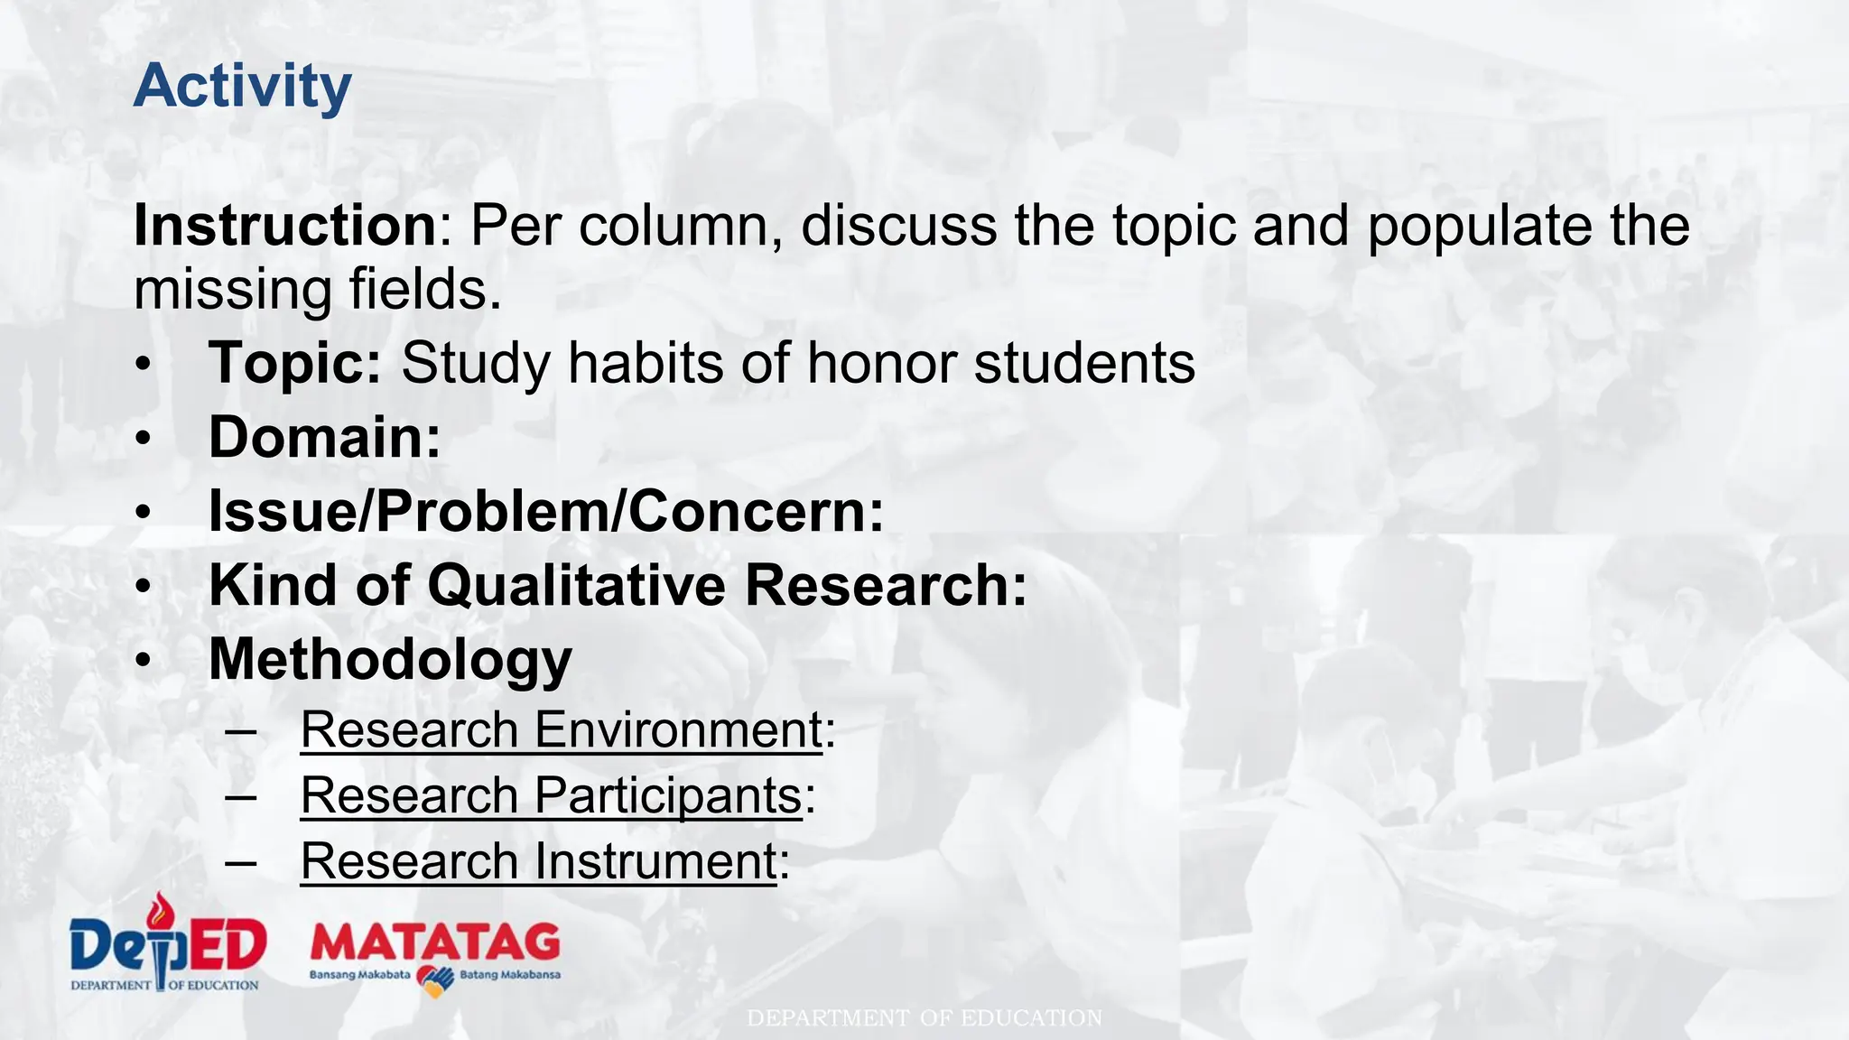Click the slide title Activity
click(242, 87)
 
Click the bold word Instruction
click(285, 225)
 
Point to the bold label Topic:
click(295, 363)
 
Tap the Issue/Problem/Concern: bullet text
click(546, 511)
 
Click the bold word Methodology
click(390, 660)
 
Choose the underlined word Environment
click(678, 729)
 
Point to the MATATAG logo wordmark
click(434, 943)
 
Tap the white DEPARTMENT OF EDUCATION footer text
click(924, 1018)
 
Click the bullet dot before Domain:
click(144, 439)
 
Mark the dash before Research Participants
click(241, 795)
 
